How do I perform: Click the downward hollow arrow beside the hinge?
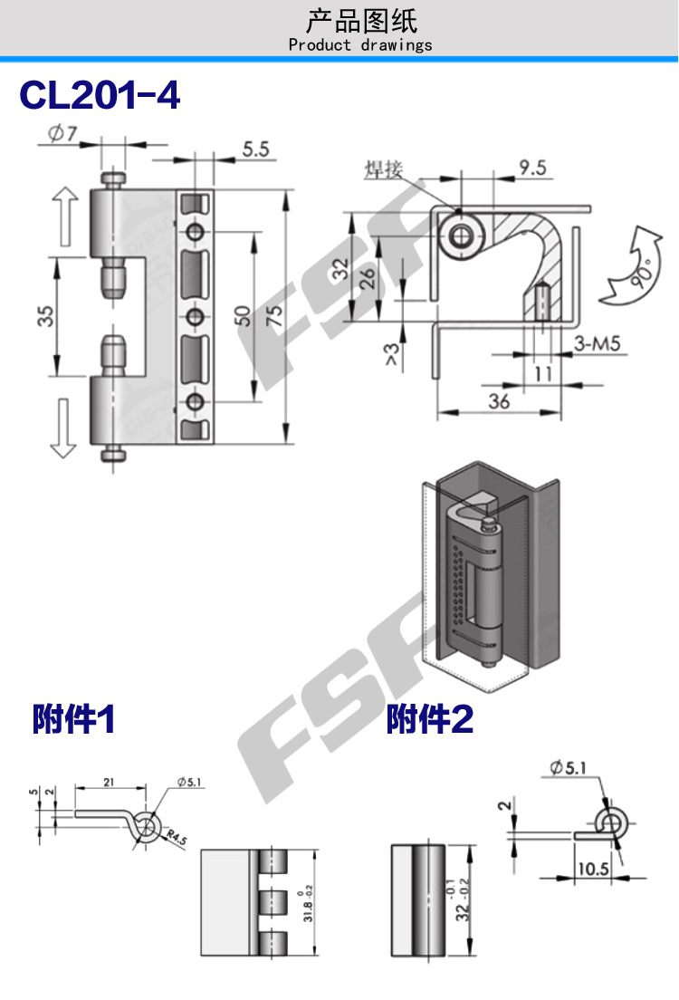pos(62,428)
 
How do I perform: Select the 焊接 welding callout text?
pos(382,169)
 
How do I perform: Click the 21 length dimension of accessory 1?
pos(108,781)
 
